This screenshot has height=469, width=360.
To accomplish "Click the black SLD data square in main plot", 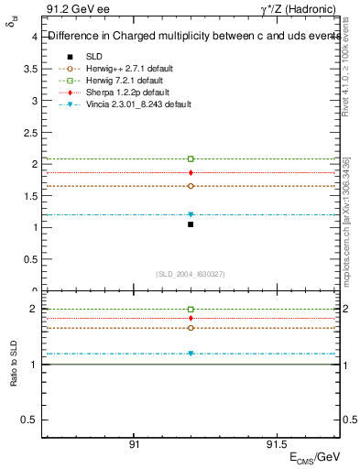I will pyautogui.click(x=191, y=224).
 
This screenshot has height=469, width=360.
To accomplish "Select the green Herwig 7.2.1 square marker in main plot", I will pyautogui.click(x=191, y=158).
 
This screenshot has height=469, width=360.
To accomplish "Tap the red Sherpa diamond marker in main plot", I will pyautogui.click(x=191, y=172).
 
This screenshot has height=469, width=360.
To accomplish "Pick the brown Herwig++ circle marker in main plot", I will pyautogui.click(x=191, y=186).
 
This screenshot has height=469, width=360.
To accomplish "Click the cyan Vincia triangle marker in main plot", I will pyautogui.click(x=191, y=214).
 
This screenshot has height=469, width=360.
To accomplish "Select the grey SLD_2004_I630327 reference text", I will pyautogui.click(x=191, y=273).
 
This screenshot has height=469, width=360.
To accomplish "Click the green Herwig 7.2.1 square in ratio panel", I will pyautogui.click(x=191, y=310).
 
